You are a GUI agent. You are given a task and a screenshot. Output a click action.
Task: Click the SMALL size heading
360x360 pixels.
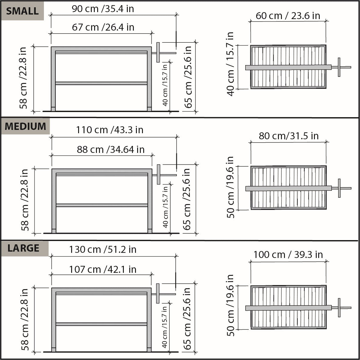tap(22, 11)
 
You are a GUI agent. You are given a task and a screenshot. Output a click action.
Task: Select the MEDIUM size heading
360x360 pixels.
tap(25, 126)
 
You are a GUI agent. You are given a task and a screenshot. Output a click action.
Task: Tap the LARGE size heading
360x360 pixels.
tap(23, 248)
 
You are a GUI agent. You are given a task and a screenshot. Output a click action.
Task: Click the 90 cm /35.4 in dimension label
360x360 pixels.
tap(103, 9)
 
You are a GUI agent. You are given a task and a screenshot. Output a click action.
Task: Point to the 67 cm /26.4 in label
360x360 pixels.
tap(103, 27)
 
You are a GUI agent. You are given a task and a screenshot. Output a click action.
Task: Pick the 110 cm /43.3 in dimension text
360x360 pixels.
tap(110, 130)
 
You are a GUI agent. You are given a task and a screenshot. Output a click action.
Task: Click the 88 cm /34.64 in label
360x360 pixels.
tap(111, 150)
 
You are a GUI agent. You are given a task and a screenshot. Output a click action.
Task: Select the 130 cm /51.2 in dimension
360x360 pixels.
tap(103, 249)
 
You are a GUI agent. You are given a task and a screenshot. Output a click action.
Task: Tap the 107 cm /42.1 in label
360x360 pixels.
tap(103, 269)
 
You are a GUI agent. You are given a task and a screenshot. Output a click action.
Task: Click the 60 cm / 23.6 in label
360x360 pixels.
tap(288, 16)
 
